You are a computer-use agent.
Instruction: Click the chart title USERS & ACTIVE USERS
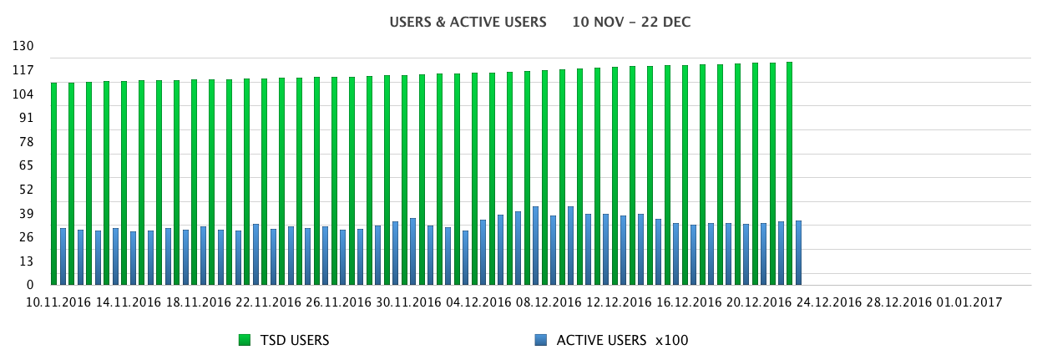468,22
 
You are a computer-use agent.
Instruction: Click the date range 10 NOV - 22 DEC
631,22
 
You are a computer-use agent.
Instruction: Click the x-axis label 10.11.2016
58,302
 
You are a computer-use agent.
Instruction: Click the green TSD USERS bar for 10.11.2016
54,184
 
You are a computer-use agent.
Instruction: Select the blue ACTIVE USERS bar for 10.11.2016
63,256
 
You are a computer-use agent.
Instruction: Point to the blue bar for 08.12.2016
535,246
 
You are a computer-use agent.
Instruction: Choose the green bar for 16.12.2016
667,175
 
